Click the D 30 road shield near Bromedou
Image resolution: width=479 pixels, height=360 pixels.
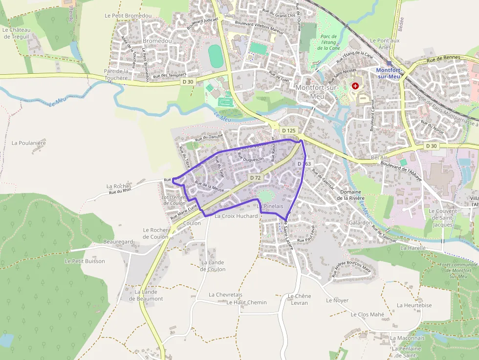click(x=188, y=82)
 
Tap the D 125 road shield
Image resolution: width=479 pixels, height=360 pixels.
click(x=289, y=131)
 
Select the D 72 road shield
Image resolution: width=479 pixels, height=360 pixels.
click(x=255, y=178)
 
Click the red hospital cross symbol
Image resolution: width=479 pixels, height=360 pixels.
click(x=355, y=86)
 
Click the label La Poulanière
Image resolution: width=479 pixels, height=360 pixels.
click(x=28, y=143)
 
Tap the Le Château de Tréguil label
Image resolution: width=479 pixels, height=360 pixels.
click(x=16, y=33)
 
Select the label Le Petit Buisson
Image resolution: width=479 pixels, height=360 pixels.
click(x=85, y=261)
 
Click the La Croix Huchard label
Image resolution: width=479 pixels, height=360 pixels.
click(x=236, y=216)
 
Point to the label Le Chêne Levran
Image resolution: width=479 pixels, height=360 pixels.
click(x=299, y=299)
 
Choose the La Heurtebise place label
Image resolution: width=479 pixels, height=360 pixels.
click(x=414, y=305)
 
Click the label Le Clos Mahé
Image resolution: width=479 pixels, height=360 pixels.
click(x=368, y=315)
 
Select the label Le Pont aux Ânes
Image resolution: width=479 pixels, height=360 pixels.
click(x=385, y=44)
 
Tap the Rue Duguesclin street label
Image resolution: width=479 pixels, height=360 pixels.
click(x=250, y=157)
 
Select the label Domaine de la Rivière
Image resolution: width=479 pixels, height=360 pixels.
click(x=357, y=195)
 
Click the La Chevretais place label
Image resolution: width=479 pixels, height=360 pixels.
click(x=225, y=295)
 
